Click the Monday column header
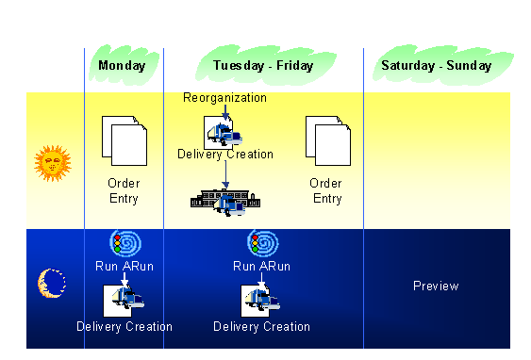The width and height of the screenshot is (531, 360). click(123, 66)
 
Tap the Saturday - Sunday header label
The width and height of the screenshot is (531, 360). click(436, 66)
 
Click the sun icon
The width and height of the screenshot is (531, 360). click(53, 162)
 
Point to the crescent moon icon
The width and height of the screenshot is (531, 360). click(51, 281)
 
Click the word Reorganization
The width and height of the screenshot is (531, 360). click(224, 98)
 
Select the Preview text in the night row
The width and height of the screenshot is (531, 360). click(436, 286)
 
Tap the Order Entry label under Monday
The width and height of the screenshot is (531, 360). click(124, 190)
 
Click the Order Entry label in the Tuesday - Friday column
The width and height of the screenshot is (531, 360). click(326, 190)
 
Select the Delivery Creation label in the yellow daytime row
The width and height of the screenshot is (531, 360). click(225, 155)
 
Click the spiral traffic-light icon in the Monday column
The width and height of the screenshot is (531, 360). click(124, 243)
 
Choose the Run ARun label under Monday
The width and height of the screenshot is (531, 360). click(124, 266)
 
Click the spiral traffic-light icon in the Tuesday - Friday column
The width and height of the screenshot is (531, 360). click(261, 243)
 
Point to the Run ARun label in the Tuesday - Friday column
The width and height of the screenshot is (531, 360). click(261, 266)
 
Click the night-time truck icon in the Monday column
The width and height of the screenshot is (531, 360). click(124, 299)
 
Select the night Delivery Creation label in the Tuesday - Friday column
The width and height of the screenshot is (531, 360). click(261, 327)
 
